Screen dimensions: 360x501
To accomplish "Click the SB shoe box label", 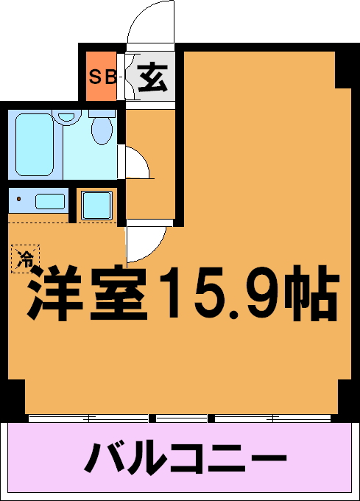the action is click(102, 77).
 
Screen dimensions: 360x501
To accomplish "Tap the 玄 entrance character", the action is click(152, 77).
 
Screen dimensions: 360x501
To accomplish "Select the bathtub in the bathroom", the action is click(34, 144).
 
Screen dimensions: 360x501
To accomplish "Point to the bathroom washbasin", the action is click(66, 116).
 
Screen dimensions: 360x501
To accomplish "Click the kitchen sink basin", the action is click(50, 201).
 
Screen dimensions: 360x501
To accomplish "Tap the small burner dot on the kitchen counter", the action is click(19, 199).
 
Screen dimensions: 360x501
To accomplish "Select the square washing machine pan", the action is click(96, 206).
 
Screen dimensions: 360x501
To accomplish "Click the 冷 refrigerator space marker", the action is click(26, 259).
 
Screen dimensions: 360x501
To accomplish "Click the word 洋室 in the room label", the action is click(86, 292).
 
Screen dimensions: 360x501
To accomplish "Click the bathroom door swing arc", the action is click(142, 157).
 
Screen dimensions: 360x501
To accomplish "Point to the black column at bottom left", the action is click(17, 397).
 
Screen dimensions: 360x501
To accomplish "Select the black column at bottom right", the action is click(345, 397).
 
